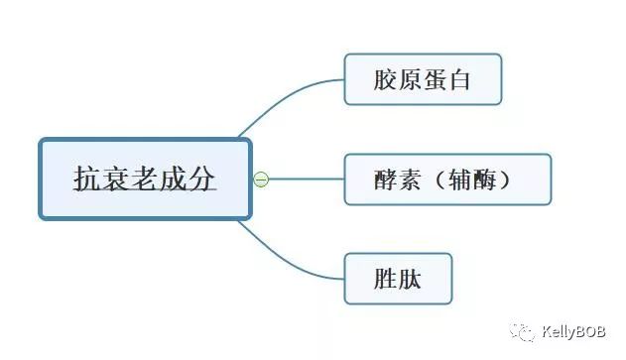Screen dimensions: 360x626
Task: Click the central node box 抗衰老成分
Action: (145, 180)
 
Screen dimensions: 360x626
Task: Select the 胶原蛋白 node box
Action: (423, 79)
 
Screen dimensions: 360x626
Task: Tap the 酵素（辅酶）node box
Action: (446, 180)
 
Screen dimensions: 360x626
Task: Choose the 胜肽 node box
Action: (398, 279)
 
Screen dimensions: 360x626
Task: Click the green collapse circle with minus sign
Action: (261, 180)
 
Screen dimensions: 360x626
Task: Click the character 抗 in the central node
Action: (88, 180)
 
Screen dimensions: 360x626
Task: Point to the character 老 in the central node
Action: (145, 180)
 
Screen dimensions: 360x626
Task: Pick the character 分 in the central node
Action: (201, 180)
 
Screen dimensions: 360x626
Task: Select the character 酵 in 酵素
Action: (387, 180)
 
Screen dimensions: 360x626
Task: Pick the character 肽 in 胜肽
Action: (410, 279)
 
